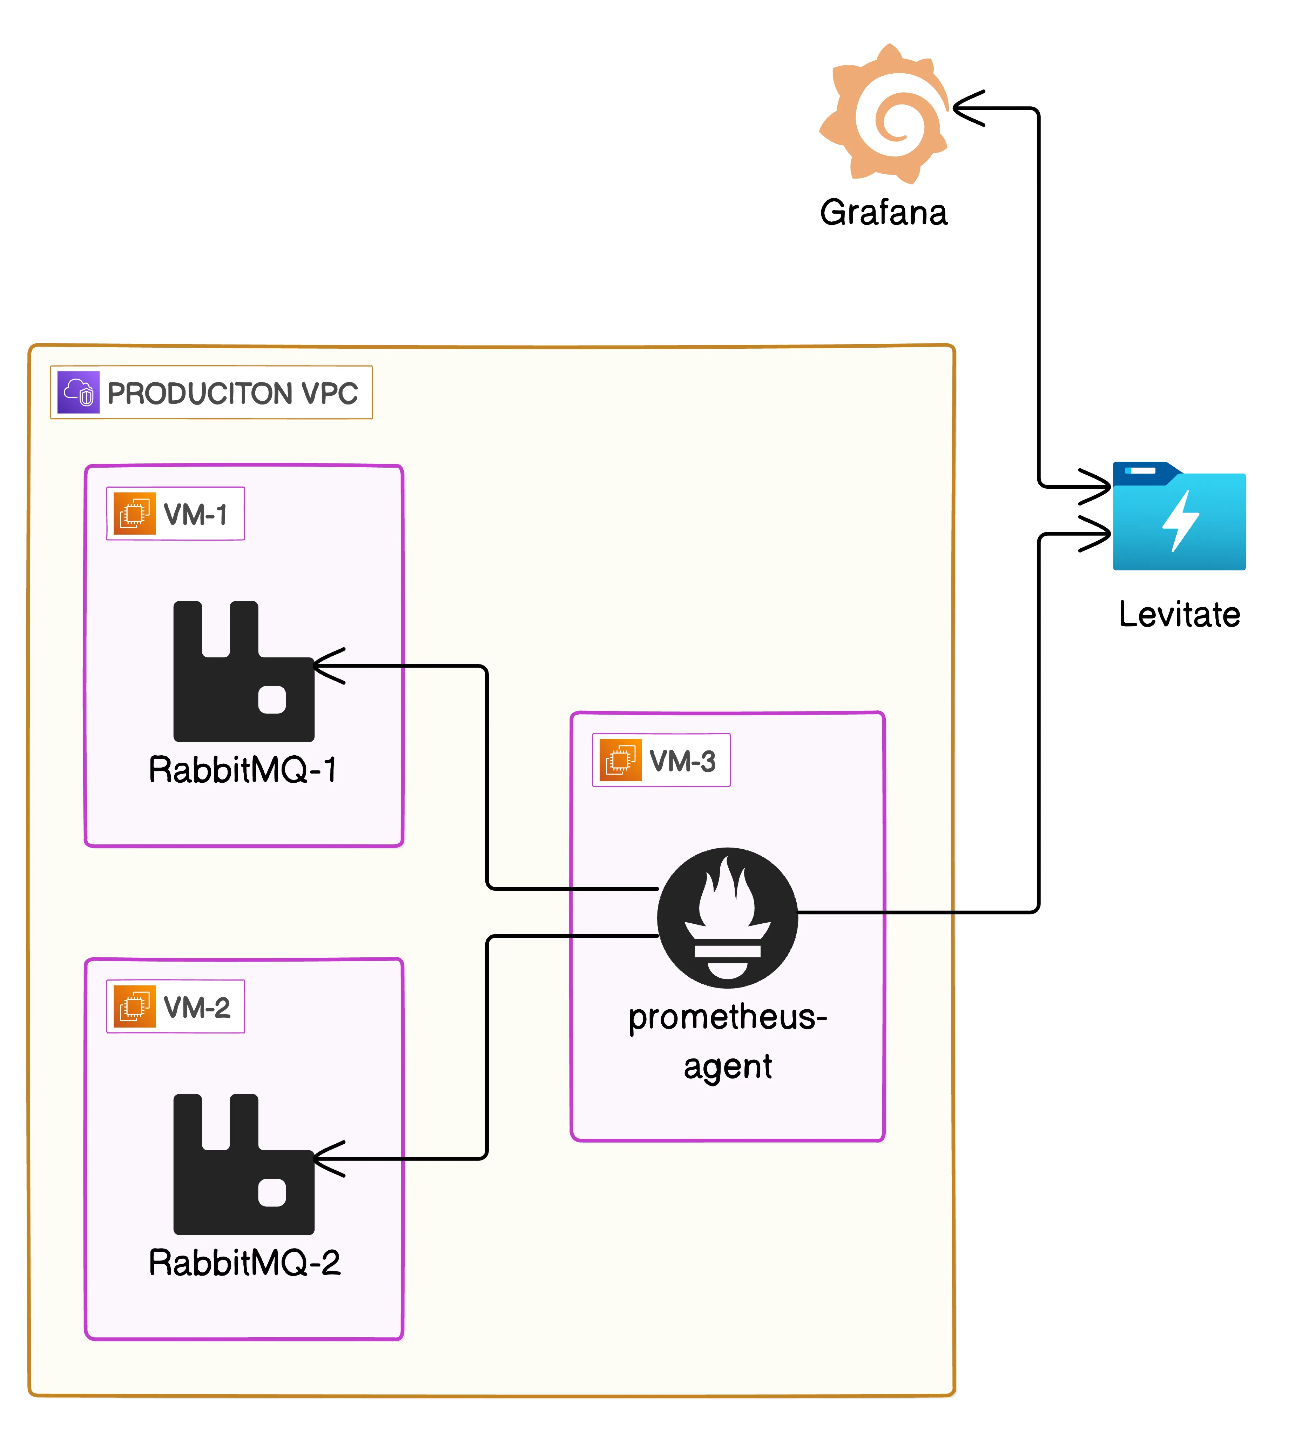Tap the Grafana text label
click(x=884, y=213)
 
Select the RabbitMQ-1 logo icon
click(x=243, y=671)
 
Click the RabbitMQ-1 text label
click(x=243, y=770)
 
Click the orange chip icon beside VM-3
click(x=620, y=760)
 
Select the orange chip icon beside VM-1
click(x=135, y=513)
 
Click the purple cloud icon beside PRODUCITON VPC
click(x=79, y=392)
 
